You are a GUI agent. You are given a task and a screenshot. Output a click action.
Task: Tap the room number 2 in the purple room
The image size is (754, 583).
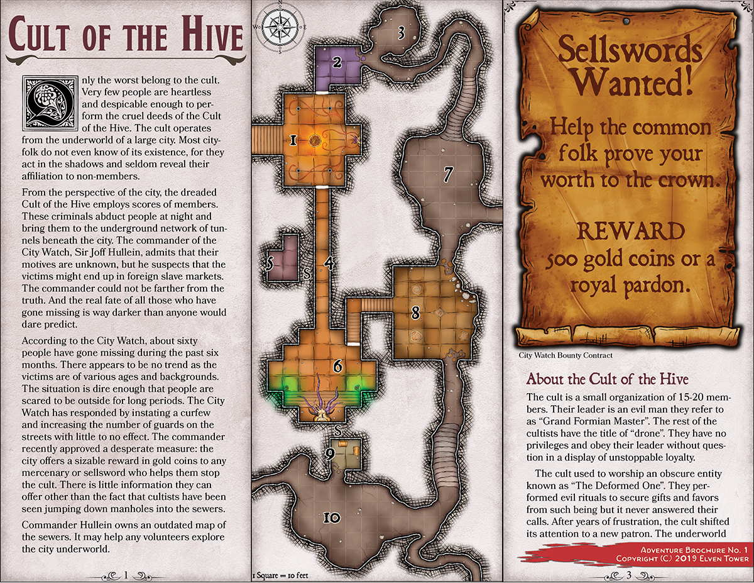[x=337, y=62]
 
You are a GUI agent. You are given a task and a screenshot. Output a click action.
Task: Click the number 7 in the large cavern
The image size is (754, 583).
[x=448, y=171]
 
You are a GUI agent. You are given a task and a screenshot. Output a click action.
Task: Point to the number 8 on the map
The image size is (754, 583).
[x=415, y=313]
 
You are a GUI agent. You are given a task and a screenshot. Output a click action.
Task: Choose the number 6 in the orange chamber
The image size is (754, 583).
[x=338, y=365]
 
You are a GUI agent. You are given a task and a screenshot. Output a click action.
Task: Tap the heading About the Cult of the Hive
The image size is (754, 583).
[x=607, y=379]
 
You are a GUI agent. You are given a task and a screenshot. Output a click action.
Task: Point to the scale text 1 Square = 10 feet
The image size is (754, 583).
[x=282, y=575]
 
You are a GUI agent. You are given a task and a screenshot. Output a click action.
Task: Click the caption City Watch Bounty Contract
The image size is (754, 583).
[x=565, y=355]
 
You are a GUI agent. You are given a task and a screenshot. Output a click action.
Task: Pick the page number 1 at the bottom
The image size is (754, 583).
[x=126, y=574]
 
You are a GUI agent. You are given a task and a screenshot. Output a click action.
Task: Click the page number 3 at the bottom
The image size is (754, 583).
[x=628, y=574]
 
